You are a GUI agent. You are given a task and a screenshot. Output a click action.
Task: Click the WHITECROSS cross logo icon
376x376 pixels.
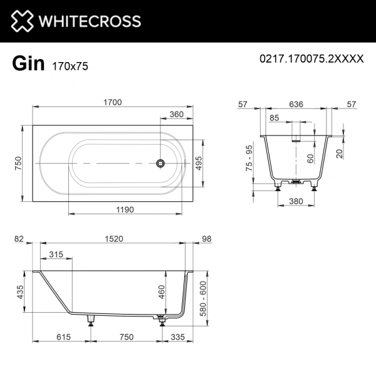[x=21, y=21]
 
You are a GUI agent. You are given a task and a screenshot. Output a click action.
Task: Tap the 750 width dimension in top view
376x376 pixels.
[x=19, y=163]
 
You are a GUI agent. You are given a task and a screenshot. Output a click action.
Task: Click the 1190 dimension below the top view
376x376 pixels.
[x=125, y=210]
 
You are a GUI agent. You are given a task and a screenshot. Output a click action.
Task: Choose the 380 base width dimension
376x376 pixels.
[x=298, y=202]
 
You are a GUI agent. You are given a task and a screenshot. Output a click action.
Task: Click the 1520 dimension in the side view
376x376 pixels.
[x=113, y=238]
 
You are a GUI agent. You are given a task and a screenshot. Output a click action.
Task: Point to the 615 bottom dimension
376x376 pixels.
[x=61, y=337]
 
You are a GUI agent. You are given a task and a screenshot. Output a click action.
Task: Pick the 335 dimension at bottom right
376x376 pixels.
[x=180, y=337]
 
